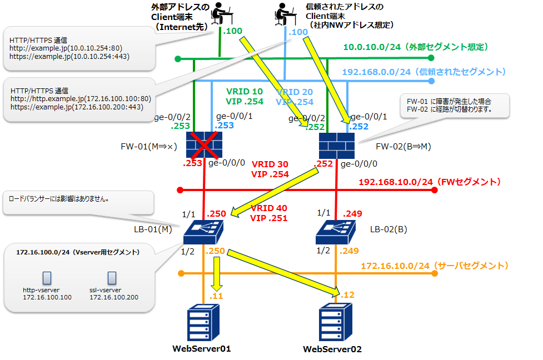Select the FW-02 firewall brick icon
(x=337, y=146)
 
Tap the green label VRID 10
(x=245, y=91)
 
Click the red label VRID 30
(x=270, y=164)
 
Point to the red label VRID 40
(x=268, y=208)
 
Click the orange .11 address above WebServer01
(x=216, y=296)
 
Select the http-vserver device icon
(x=47, y=277)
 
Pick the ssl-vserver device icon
(x=112, y=277)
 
